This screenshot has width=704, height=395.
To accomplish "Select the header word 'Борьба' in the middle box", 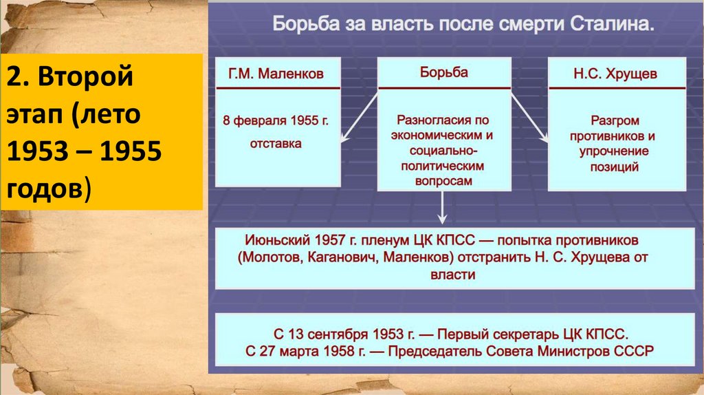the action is click(443, 73).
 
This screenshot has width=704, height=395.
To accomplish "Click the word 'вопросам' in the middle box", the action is click(443, 180).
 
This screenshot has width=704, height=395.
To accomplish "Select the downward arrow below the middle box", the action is click(443, 206).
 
